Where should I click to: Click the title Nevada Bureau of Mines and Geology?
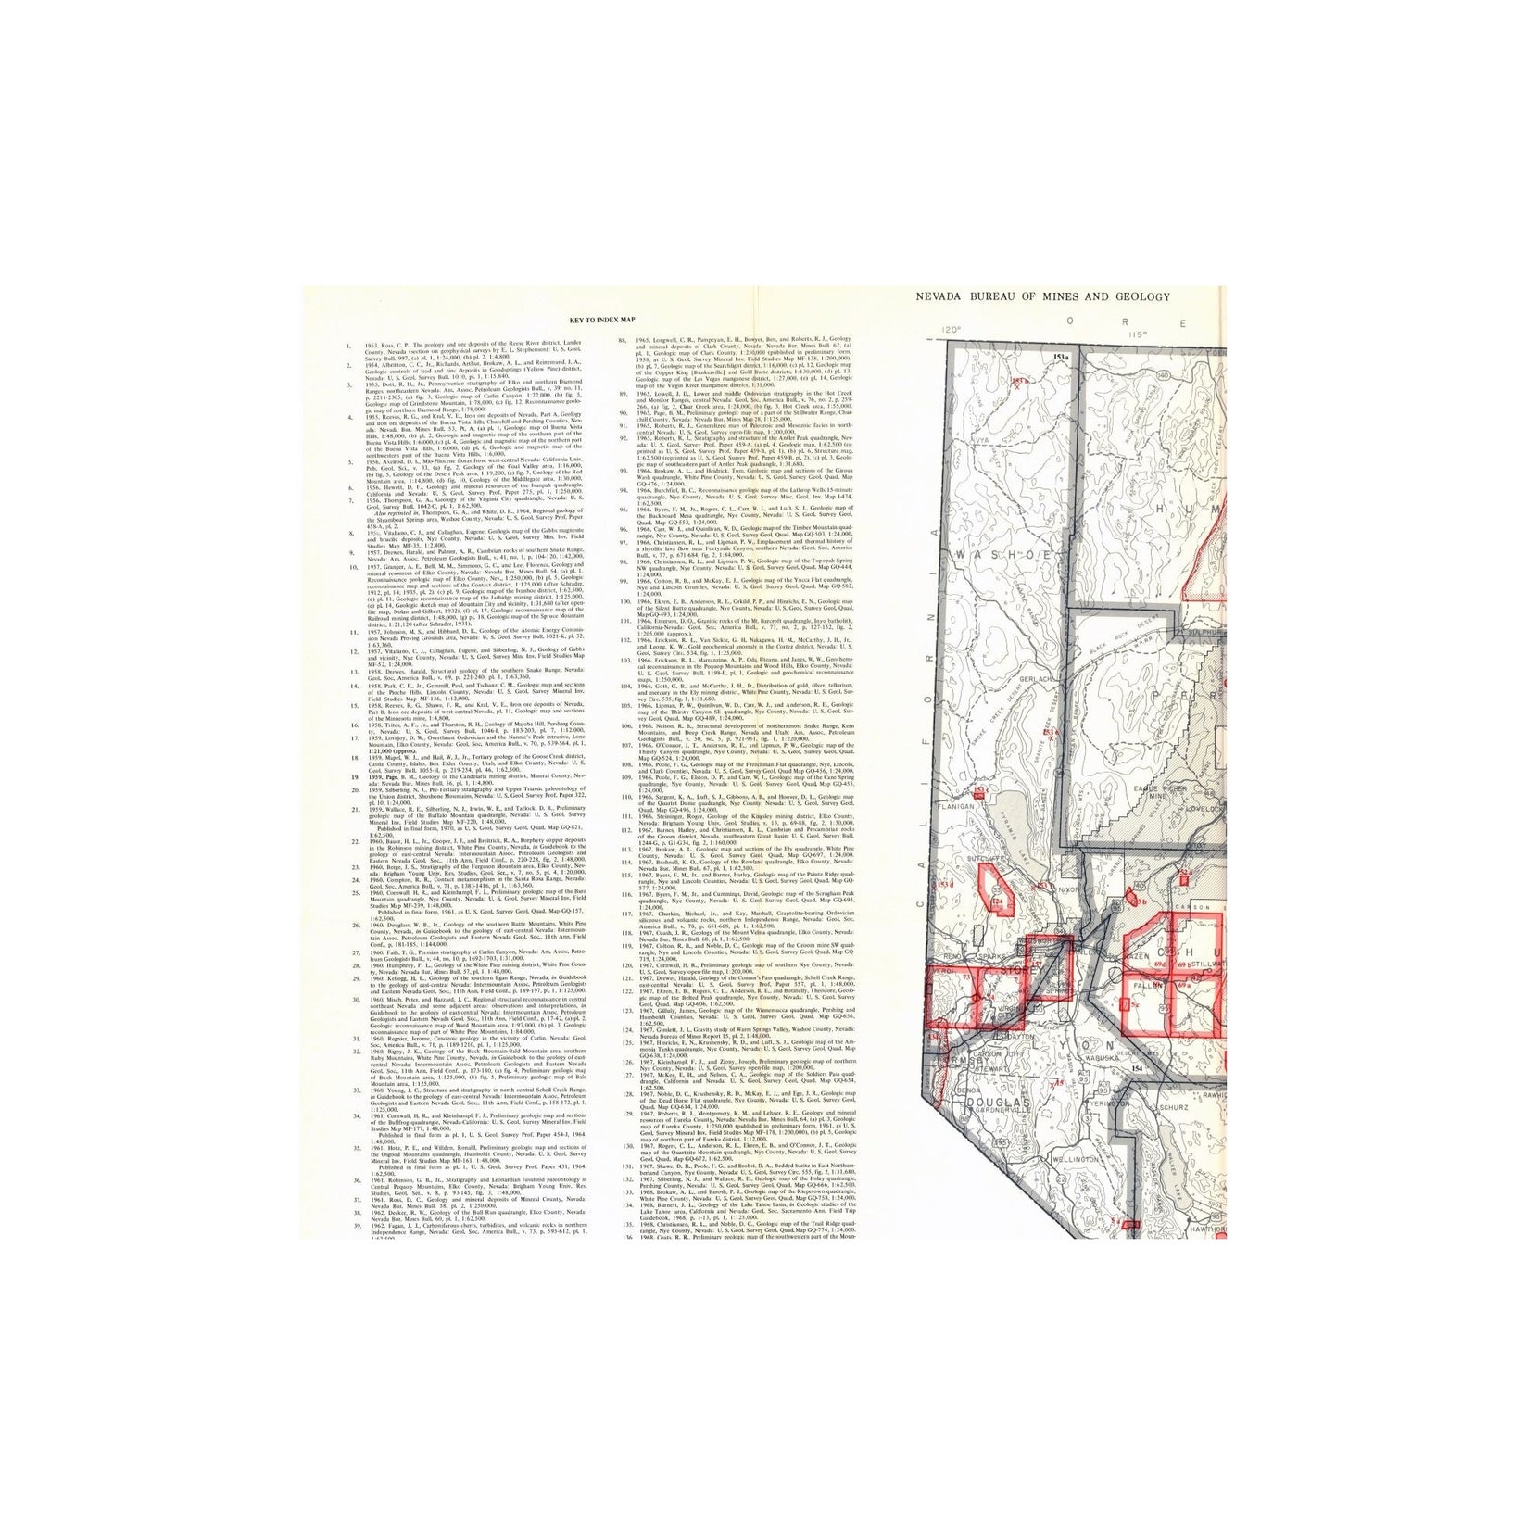[x=1042, y=296]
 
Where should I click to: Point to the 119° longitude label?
[x=1137, y=334]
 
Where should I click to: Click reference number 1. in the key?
[x=347, y=347]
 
